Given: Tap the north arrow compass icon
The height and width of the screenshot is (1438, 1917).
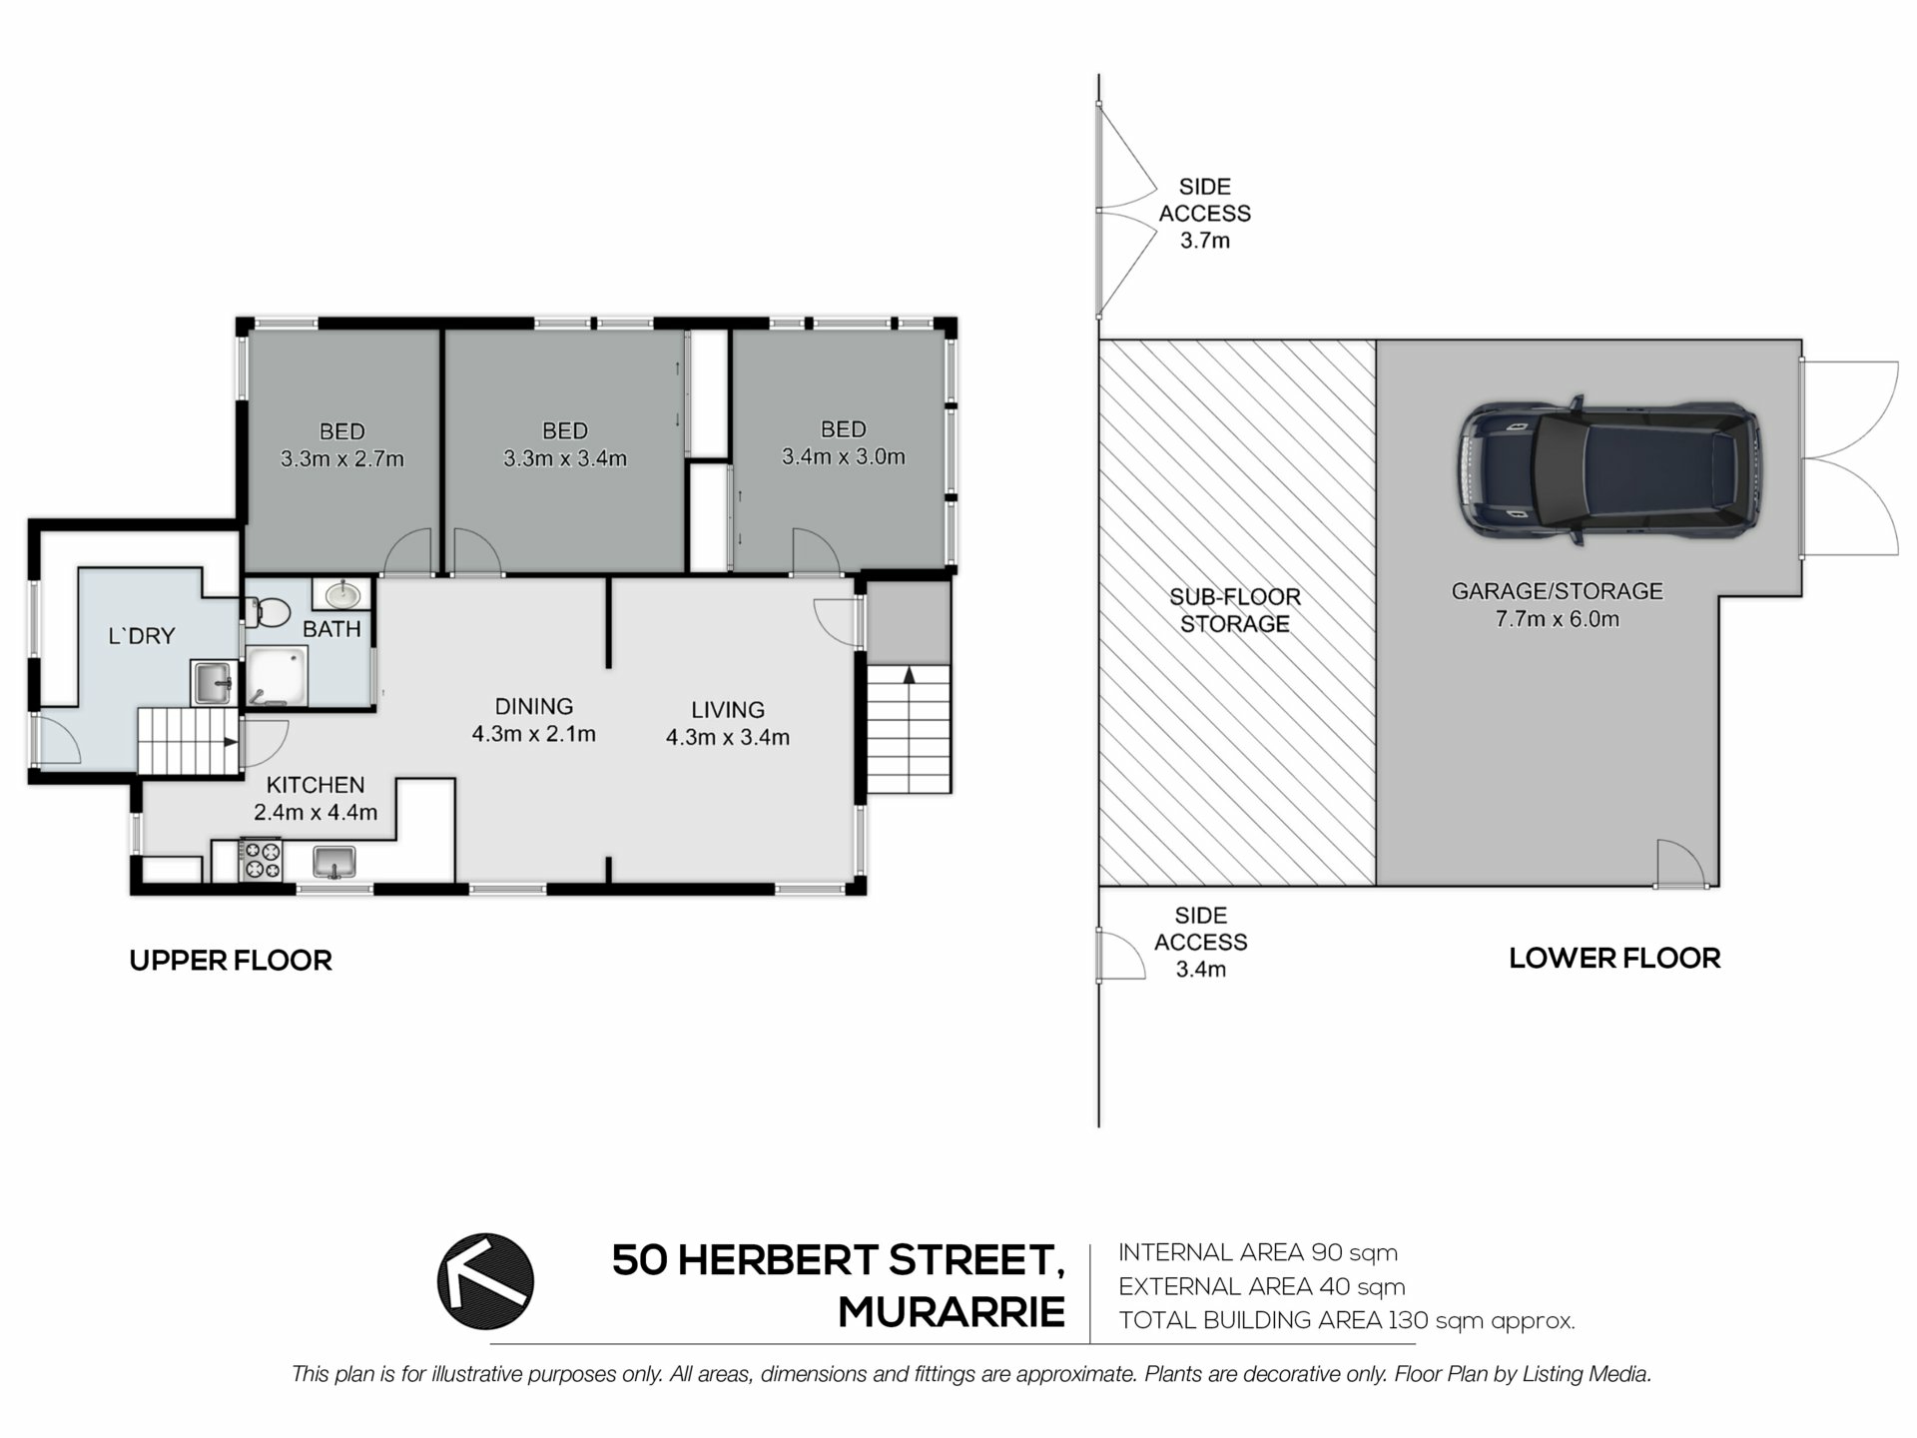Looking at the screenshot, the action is click(486, 1281).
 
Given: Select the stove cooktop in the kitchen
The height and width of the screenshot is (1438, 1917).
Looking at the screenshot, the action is click(261, 861).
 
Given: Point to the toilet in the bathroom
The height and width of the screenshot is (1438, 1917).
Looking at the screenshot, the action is click(267, 611).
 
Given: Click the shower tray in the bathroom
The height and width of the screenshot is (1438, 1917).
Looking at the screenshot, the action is click(277, 676).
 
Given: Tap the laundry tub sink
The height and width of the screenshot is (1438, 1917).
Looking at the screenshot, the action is click(212, 683).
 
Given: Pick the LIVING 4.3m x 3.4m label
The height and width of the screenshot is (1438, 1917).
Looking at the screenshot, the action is click(728, 724).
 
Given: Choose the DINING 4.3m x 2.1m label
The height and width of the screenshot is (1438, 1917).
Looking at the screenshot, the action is click(534, 720).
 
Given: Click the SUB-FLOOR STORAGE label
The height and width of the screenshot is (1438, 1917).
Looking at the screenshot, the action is click(1235, 610).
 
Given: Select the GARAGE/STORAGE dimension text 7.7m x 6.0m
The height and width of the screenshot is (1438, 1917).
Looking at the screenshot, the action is click(1558, 619).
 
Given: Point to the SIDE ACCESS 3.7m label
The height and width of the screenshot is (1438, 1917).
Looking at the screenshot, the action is click(1205, 214).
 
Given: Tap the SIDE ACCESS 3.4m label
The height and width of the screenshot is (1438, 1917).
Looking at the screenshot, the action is click(1201, 943).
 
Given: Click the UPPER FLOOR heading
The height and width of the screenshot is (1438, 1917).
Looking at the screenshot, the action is click(231, 961).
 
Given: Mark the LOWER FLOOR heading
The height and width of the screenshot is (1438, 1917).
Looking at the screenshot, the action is click(1614, 959).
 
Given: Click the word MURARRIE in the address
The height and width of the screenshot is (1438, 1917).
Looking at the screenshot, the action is click(952, 1312).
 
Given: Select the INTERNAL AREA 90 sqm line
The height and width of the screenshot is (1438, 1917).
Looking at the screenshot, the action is click(1258, 1252).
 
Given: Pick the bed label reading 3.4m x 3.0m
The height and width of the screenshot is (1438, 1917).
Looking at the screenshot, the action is click(844, 457).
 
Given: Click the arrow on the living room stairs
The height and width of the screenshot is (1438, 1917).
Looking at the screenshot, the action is click(909, 676).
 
